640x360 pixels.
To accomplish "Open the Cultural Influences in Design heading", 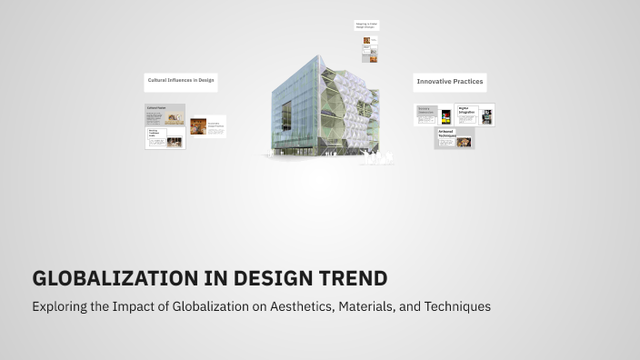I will (181, 81).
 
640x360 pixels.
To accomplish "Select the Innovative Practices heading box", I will (449, 82).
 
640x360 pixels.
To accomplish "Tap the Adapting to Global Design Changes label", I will (366, 25).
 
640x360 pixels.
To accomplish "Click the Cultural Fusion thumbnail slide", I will (165, 114).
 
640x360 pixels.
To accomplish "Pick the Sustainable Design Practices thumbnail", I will (207, 126).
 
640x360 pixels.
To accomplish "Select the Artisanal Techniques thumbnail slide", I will (454, 137).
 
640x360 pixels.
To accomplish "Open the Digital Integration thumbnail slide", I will (474, 115).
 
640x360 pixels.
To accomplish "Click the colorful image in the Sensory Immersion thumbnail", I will (446, 116).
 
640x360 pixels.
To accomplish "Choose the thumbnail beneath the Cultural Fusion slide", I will (165, 137).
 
